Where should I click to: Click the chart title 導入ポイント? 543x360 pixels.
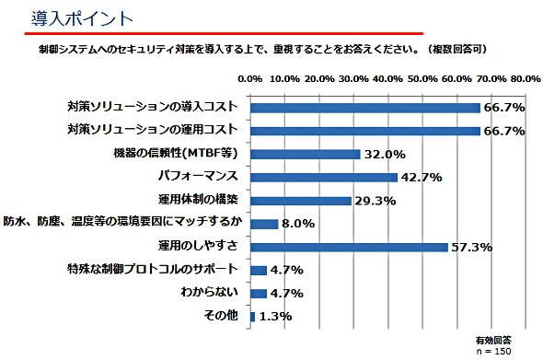click(82, 18)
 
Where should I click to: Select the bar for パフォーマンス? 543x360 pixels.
click(324, 178)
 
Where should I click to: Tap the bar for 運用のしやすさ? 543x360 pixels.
click(349, 247)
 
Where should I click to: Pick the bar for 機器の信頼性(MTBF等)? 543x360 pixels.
click(306, 154)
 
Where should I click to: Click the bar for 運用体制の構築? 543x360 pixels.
click(301, 201)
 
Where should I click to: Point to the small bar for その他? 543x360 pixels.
click(252, 317)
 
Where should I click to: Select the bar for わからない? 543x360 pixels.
click(259, 294)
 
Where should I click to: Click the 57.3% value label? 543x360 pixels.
click(471, 248)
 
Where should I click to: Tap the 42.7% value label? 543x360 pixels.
click(422, 178)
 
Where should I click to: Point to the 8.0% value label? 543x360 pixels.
click(298, 224)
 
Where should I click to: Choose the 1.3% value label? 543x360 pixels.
click(276, 317)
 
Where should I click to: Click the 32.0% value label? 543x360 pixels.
click(385, 154)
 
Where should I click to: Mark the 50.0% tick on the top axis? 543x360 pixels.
click(422, 79)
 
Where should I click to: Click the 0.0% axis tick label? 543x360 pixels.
click(250, 79)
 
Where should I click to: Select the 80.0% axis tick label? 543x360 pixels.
click(526, 79)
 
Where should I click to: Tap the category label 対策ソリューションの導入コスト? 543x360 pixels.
click(153, 107)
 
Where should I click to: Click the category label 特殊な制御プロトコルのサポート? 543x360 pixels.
click(153, 269)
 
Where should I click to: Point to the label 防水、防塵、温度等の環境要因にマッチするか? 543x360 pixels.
click(122, 221)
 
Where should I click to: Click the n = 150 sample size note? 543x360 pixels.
click(494, 351)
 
